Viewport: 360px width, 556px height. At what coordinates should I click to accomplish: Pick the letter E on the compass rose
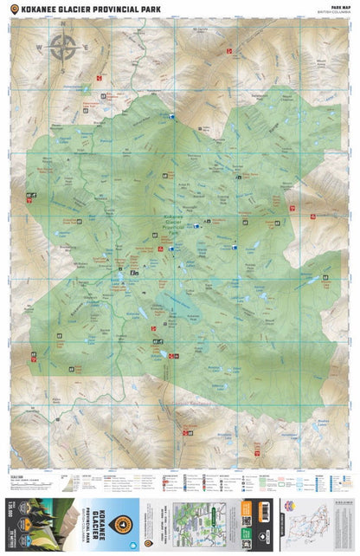(85, 48)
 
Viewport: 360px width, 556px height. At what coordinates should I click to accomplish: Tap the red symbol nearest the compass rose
(99, 79)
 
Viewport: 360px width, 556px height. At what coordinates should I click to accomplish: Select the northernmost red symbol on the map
(229, 52)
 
